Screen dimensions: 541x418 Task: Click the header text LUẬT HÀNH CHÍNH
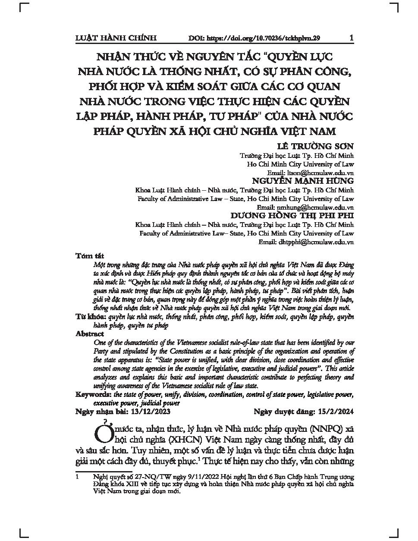(116, 38)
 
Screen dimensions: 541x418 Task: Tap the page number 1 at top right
(351, 38)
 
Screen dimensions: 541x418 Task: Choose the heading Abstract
(89, 334)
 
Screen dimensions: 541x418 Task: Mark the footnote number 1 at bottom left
(77, 478)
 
